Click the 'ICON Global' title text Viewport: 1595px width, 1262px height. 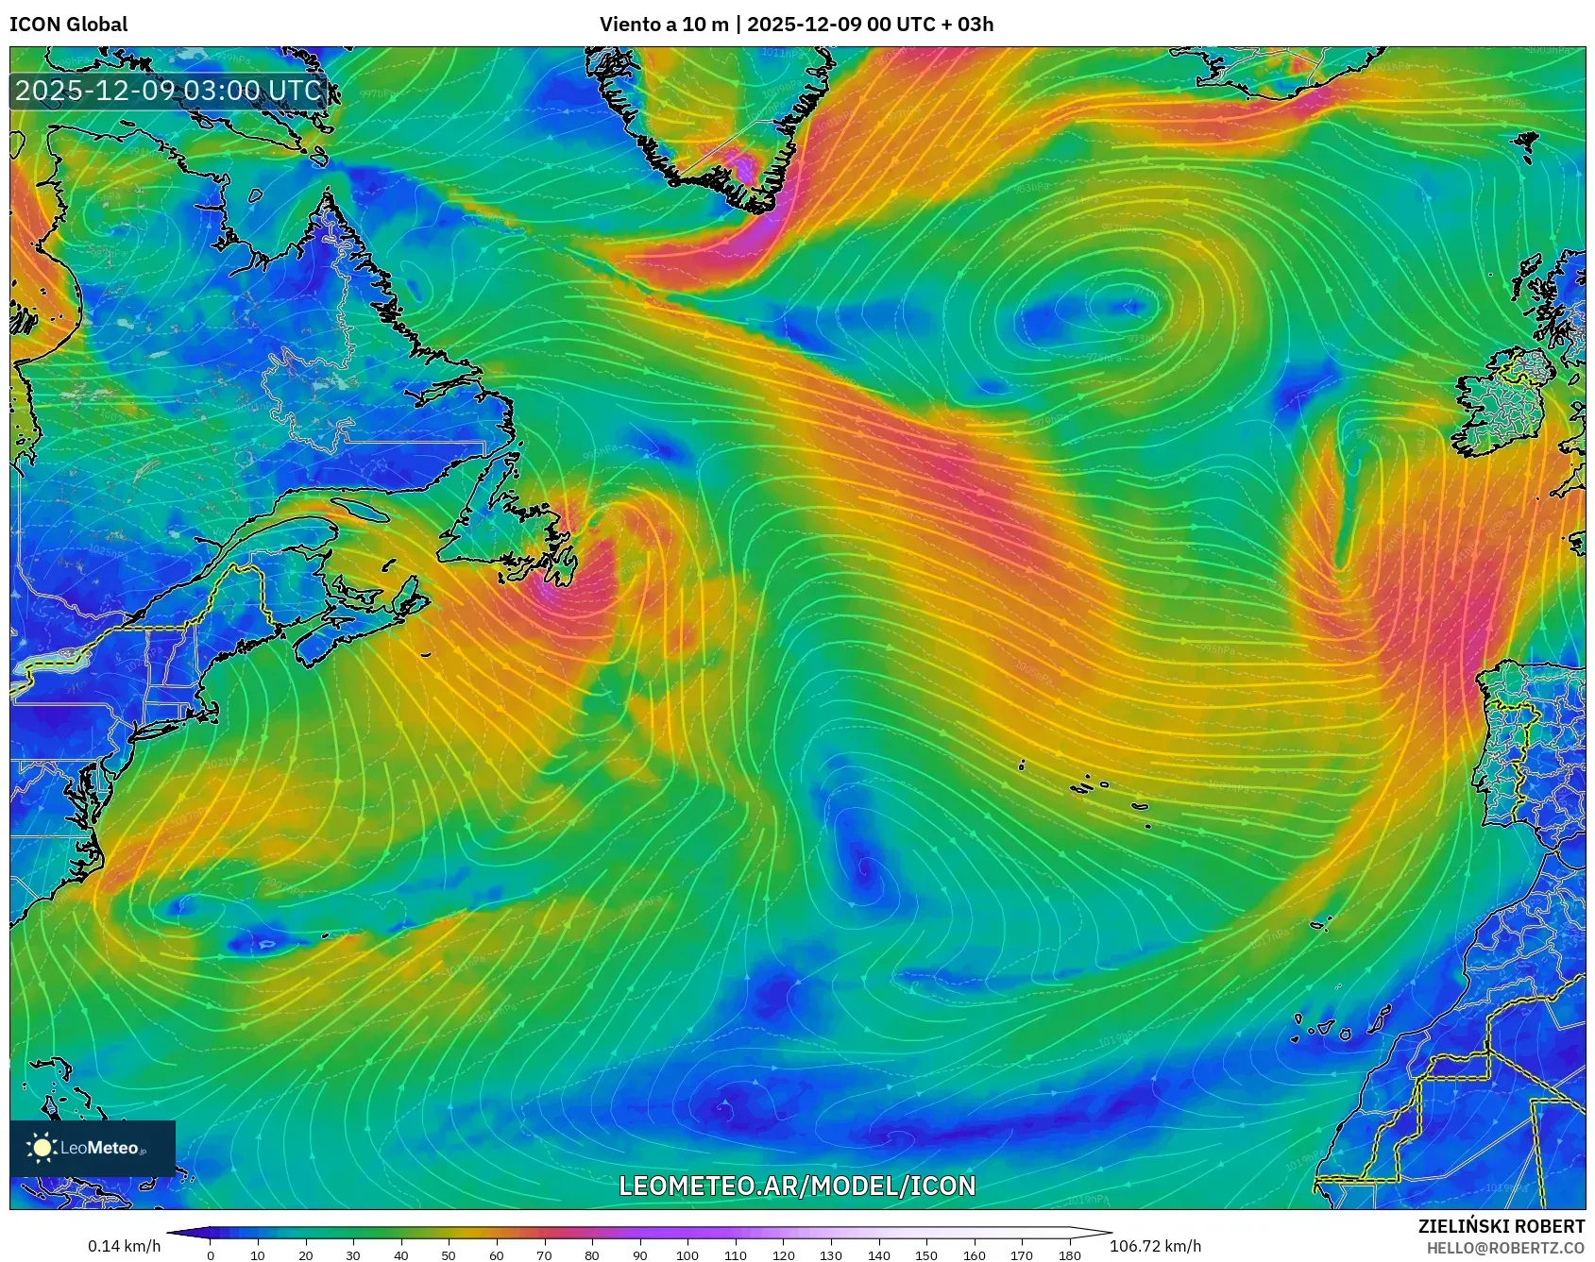point(68,24)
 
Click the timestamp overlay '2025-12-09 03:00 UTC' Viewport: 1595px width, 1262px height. point(168,91)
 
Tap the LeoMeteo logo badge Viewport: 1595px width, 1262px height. point(93,1148)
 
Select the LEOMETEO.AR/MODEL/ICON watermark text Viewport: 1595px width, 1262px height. point(797,1186)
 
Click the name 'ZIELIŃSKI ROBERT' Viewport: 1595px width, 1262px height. point(1501,1226)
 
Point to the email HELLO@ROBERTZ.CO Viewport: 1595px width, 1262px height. point(1504,1248)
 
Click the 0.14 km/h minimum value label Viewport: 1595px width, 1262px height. point(124,1246)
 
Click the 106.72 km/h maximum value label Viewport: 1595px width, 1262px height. point(1155,1246)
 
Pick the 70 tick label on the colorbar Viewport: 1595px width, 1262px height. point(544,1255)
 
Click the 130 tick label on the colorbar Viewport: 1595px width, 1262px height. point(831,1255)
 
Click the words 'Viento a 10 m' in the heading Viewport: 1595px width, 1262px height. point(664,24)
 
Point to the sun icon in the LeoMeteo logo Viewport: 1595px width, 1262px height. point(42,1148)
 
